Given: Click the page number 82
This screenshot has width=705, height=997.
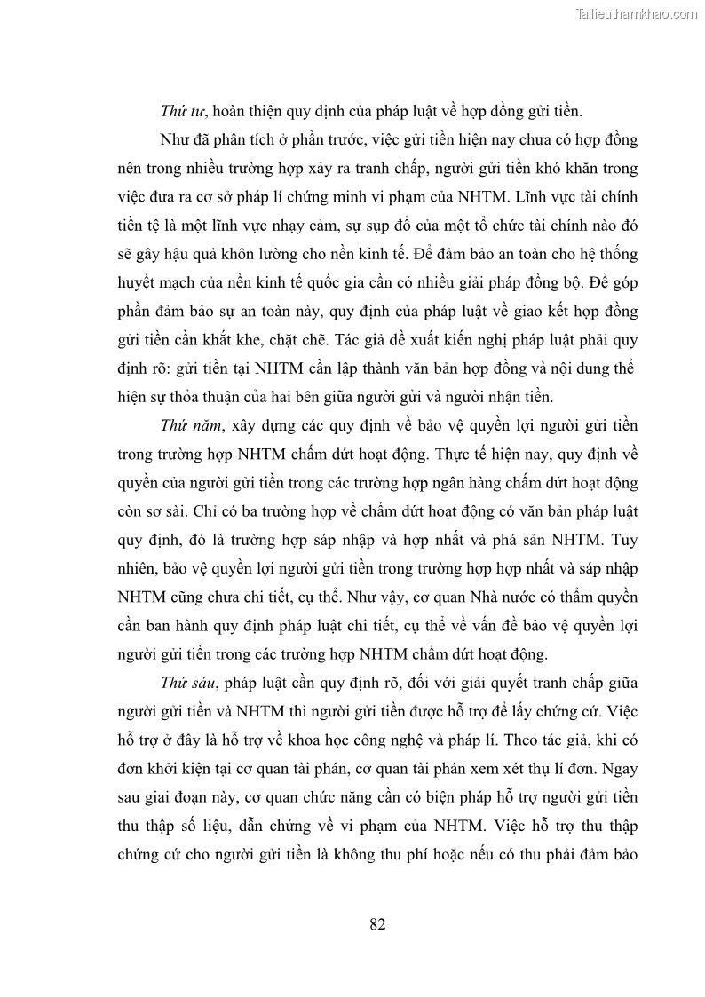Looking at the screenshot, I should [376, 924].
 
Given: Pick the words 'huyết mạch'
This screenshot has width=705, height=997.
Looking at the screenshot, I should [153, 282].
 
